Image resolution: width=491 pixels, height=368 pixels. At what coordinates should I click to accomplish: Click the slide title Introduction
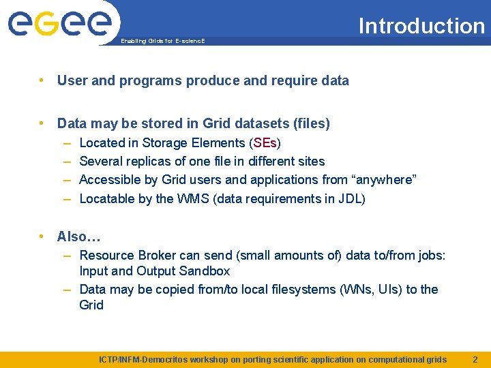421,26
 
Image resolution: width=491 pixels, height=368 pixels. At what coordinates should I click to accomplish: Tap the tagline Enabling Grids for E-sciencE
162,42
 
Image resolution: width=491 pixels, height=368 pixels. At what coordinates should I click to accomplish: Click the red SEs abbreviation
265,143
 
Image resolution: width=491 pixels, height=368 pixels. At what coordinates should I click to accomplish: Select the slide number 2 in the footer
475,359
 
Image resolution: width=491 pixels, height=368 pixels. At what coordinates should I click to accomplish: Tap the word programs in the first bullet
151,81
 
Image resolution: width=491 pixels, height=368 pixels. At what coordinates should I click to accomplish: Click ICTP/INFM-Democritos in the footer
144,359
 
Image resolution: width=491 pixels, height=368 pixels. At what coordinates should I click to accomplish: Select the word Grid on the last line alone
91,305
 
